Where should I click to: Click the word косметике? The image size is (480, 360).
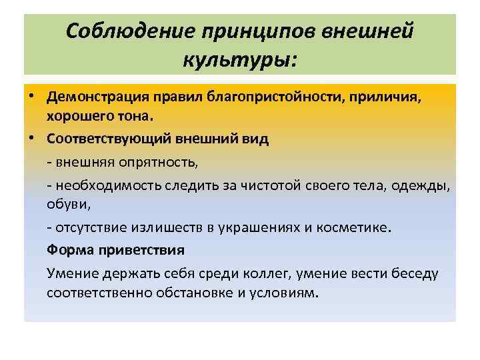point(358,227)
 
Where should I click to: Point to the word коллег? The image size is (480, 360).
point(263,272)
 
